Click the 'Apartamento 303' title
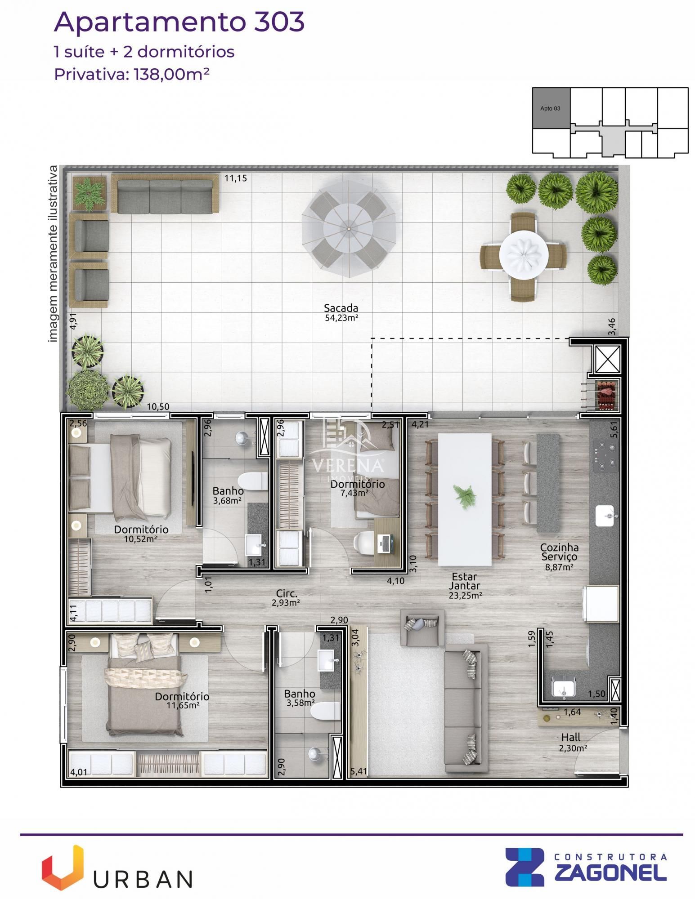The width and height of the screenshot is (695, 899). tap(179, 22)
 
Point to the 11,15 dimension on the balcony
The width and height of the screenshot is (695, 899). tap(235, 178)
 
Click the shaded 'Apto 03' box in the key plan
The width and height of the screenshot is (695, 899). tap(551, 108)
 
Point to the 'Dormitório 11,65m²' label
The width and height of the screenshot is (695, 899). tap(182, 700)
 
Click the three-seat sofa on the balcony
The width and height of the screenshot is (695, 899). tap(165, 194)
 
